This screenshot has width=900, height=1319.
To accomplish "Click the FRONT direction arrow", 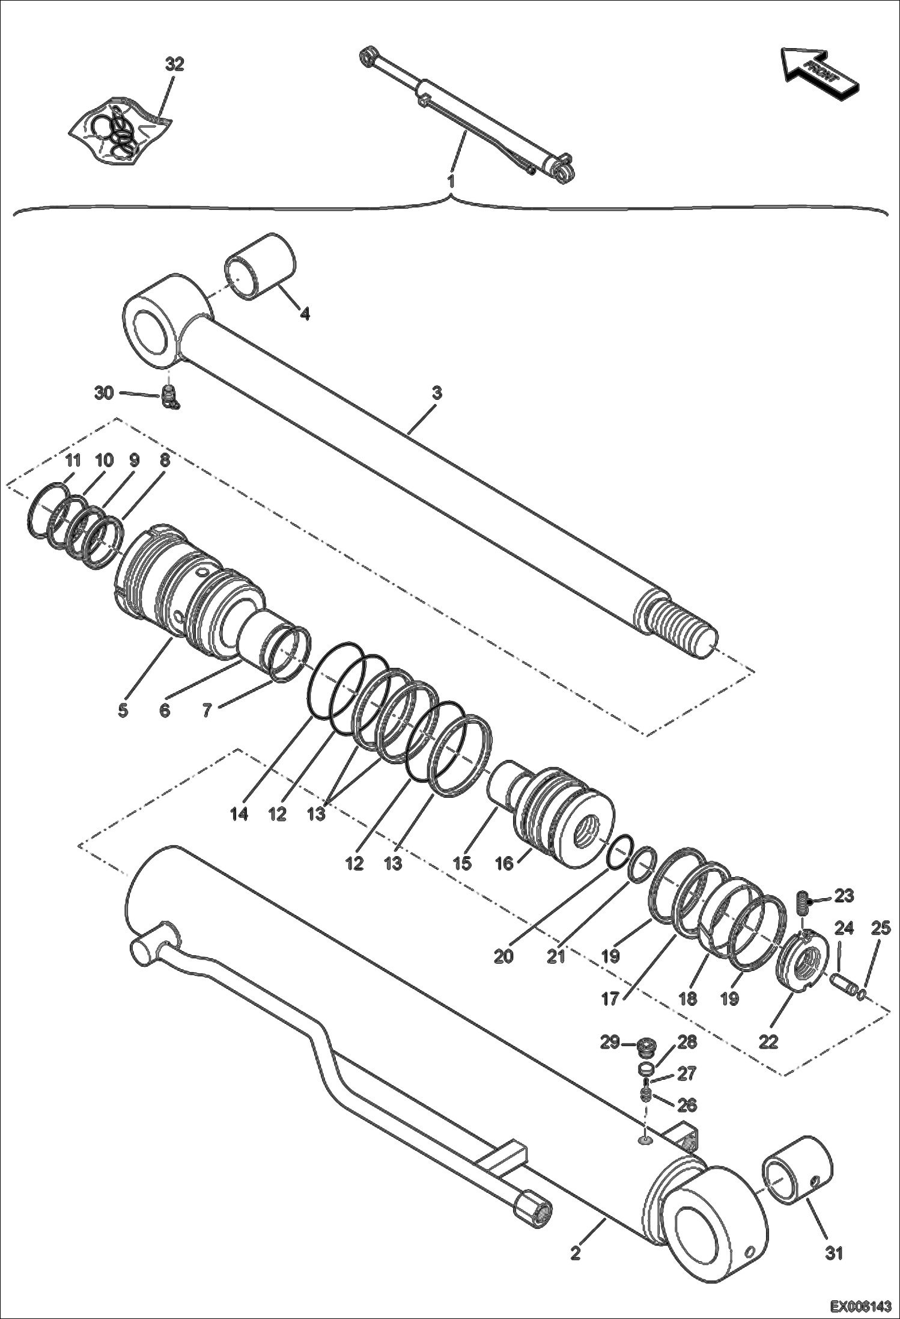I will (818, 70).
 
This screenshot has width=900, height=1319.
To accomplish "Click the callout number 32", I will (174, 64).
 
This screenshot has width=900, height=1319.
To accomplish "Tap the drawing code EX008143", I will (861, 1307).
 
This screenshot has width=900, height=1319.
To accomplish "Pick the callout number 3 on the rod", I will (437, 393).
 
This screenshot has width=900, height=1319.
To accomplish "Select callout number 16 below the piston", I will (504, 864).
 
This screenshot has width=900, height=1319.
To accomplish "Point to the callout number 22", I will (768, 1041).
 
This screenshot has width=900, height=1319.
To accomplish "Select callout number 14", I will (239, 815).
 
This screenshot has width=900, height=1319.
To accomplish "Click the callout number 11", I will (73, 461).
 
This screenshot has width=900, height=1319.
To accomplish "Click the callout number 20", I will (503, 956).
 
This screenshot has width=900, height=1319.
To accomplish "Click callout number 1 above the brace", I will (451, 180).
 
